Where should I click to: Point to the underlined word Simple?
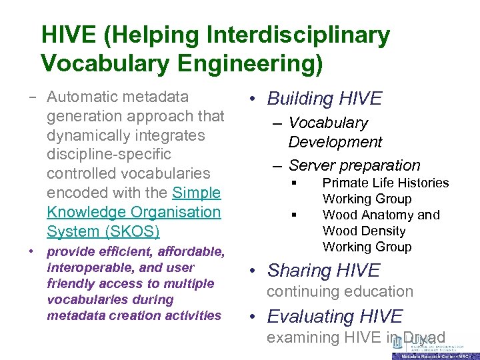click(196, 193)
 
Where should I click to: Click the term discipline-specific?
click(109, 154)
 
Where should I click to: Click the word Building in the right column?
click(301, 99)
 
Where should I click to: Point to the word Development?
click(335, 142)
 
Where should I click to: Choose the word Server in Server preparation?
click(312, 165)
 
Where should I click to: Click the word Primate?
click(345, 183)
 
